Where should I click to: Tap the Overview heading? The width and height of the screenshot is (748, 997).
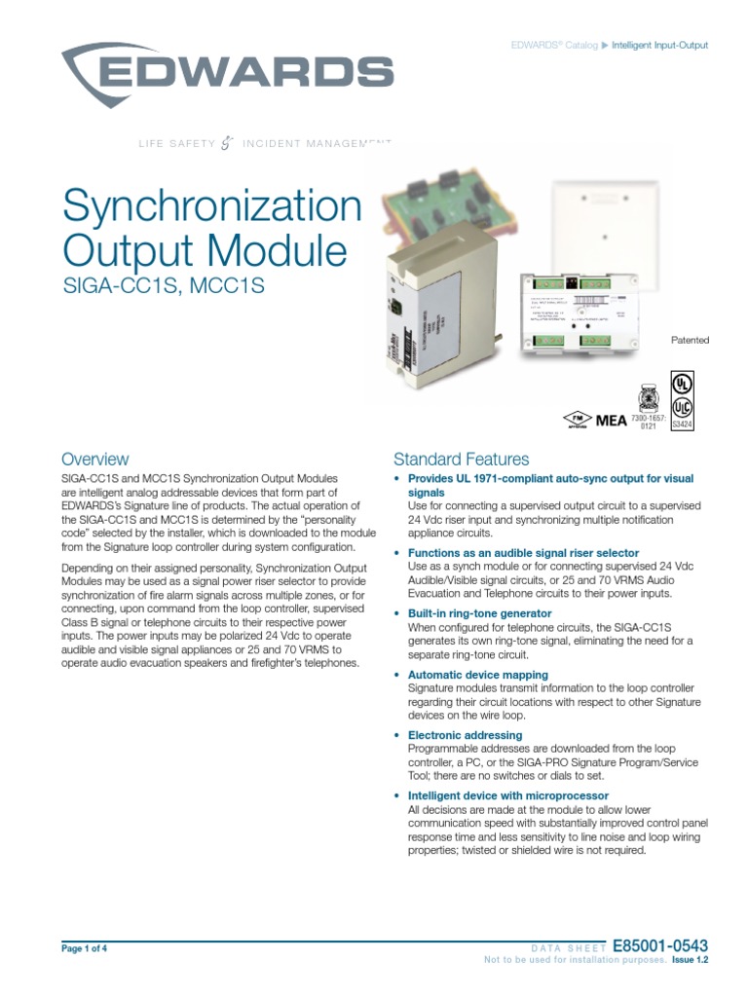point(94,459)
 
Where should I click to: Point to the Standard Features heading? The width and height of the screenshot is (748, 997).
point(461,459)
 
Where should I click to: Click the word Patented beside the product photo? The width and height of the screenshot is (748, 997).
point(690,340)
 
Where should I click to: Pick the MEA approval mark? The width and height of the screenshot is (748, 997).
point(612,420)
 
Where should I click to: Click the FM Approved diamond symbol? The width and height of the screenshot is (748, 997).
point(577,421)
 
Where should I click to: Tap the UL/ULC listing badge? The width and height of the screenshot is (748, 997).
point(684,398)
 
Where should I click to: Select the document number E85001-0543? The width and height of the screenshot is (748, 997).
point(660,945)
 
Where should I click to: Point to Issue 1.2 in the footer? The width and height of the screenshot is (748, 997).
point(690,960)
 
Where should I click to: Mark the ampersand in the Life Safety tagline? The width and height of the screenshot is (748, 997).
point(228,144)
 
